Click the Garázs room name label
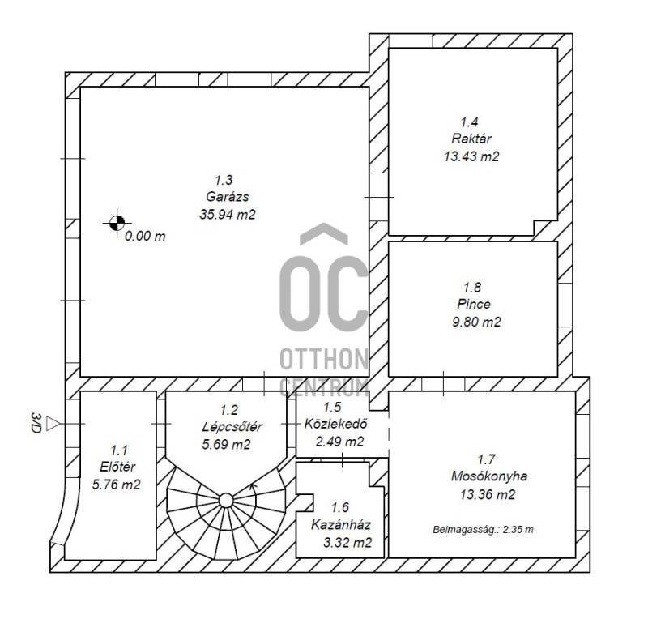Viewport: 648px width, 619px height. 228,196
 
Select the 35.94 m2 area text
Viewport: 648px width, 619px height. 228,214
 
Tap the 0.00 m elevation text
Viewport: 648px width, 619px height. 145,236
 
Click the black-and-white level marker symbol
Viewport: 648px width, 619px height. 117,223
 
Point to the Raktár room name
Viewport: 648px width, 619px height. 471,139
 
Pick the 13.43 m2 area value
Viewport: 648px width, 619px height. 471,156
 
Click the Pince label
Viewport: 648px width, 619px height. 474,304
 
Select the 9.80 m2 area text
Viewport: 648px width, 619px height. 476,322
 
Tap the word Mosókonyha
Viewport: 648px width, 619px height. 489,476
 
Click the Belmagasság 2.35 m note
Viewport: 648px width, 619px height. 483,529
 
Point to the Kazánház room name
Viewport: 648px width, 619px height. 340,525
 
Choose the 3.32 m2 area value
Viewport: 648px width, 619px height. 347,543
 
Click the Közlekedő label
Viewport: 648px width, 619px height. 335,424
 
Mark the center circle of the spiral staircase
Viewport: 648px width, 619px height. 226,501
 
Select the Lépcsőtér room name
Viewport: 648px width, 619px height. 232,426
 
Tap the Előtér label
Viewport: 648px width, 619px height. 117,467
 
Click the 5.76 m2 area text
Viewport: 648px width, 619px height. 116,485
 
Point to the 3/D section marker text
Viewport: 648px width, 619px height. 36,423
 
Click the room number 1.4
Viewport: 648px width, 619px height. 470,122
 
